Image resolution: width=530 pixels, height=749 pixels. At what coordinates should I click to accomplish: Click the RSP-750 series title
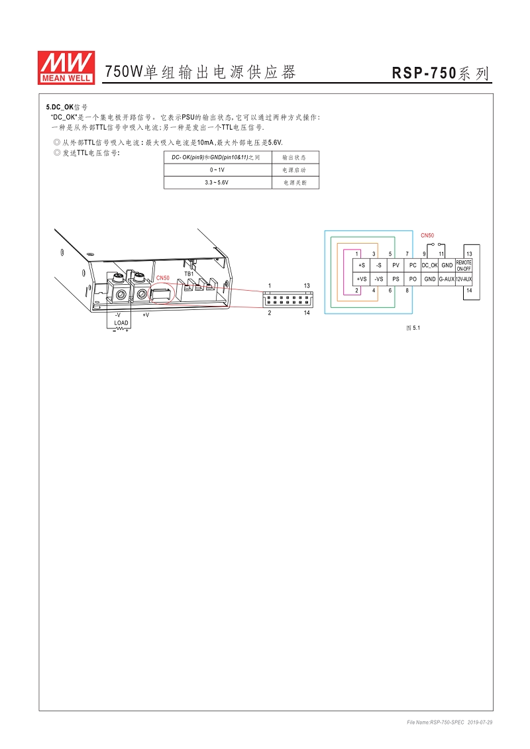coord(441,74)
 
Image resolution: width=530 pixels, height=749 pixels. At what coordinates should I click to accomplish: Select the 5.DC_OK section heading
coord(67,107)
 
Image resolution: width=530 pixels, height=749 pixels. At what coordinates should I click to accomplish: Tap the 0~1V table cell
coord(217,170)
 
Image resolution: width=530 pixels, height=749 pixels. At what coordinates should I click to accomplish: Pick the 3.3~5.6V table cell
coord(217,182)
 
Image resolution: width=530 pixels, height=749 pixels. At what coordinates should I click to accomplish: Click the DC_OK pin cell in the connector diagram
coord(429,266)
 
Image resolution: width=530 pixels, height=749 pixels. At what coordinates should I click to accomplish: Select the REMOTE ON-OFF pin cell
coord(464,266)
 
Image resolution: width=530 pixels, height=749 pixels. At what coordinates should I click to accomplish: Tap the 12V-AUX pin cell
coord(464,279)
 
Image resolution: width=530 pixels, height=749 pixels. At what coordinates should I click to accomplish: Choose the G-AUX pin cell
coord(447,279)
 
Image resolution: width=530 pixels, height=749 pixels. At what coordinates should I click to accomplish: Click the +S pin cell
coord(361,266)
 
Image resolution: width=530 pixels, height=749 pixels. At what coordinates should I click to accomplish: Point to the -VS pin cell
coord(378,279)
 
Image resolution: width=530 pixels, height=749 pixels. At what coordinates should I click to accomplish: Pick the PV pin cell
coord(396,266)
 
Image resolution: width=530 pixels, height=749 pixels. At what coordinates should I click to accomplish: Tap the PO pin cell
coord(413,279)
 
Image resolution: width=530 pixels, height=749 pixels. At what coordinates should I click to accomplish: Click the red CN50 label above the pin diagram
coord(427,236)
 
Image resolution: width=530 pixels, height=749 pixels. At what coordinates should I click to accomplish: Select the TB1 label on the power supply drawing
coord(189,273)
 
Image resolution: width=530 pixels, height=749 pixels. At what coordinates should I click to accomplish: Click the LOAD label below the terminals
coord(121,323)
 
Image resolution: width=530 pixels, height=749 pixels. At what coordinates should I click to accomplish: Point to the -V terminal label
coord(117,315)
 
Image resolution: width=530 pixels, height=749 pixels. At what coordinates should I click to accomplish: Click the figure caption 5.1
coord(413,328)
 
